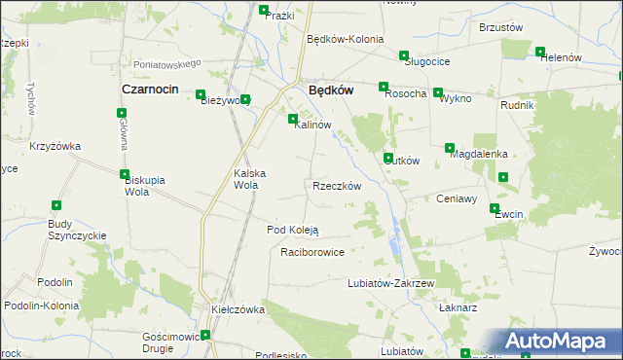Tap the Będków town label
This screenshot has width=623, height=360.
point(329,89)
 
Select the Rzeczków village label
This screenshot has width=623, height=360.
point(337,186)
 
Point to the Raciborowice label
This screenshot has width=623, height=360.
point(312,251)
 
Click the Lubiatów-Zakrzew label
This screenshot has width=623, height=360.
point(389,283)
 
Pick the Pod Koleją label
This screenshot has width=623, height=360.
point(293,230)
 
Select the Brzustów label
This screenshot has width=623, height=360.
point(502,28)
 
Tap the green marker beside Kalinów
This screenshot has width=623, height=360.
point(293,120)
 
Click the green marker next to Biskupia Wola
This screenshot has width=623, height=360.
point(125,175)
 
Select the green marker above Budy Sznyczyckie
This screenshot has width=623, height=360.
point(56,205)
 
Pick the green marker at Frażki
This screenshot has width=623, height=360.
point(264,10)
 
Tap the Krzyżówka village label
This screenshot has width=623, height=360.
point(55,146)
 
